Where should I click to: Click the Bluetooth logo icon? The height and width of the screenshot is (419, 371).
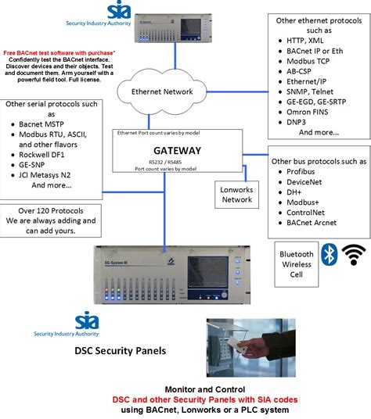330,254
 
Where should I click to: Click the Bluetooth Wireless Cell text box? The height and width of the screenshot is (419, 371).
297,265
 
